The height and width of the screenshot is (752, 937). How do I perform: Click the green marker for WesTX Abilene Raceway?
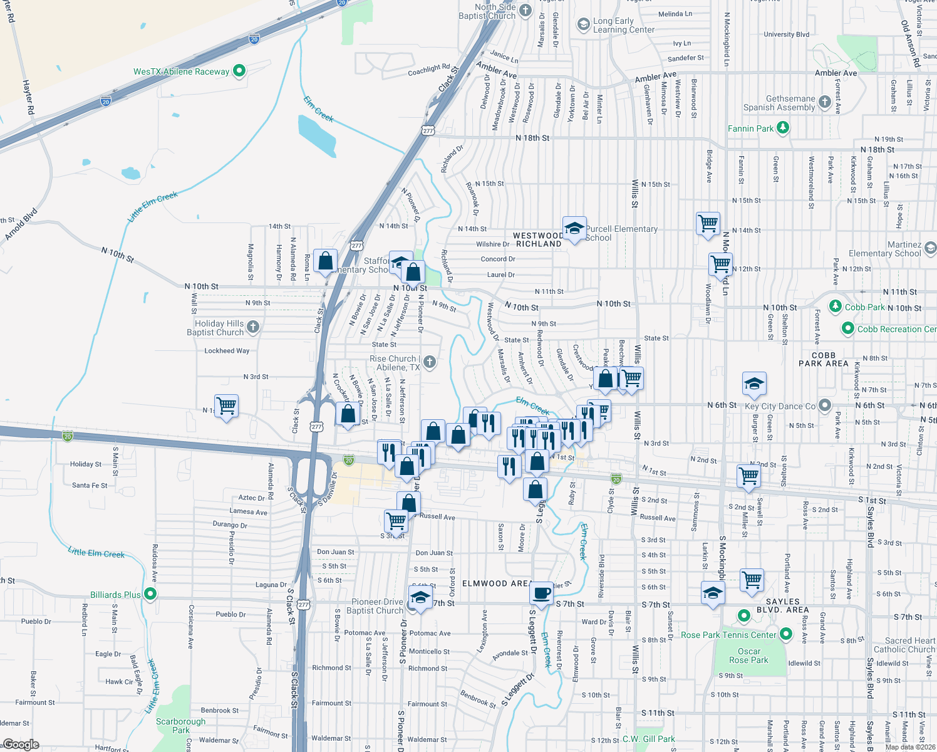point(239,71)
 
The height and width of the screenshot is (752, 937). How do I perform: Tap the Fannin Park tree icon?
point(782,128)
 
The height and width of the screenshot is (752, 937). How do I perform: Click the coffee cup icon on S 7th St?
point(542,592)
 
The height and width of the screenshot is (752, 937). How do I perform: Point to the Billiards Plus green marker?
point(150,594)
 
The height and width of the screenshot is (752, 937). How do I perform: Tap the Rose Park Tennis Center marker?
point(743,615)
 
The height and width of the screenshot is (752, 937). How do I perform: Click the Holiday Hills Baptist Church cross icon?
point(252,326)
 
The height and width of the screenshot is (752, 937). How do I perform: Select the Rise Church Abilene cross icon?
point(429,362)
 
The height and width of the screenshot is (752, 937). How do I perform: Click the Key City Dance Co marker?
point(824,405)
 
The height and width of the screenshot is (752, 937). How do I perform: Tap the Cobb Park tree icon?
point(835,306)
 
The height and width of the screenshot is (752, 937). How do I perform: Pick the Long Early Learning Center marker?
point(583,24)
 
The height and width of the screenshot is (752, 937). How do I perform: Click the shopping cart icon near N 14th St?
point(708,224)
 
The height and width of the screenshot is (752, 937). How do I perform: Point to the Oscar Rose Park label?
point(748,655)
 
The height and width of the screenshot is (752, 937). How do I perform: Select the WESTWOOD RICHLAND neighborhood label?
point(538,239)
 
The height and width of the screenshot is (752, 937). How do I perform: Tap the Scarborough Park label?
point(180,726)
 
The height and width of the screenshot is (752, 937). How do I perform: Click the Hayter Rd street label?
point(29,97)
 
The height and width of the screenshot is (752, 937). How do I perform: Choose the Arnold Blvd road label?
point(22,224)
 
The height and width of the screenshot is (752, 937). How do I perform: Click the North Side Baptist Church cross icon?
point(525,10)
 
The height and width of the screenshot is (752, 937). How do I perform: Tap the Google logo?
point(21,744)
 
